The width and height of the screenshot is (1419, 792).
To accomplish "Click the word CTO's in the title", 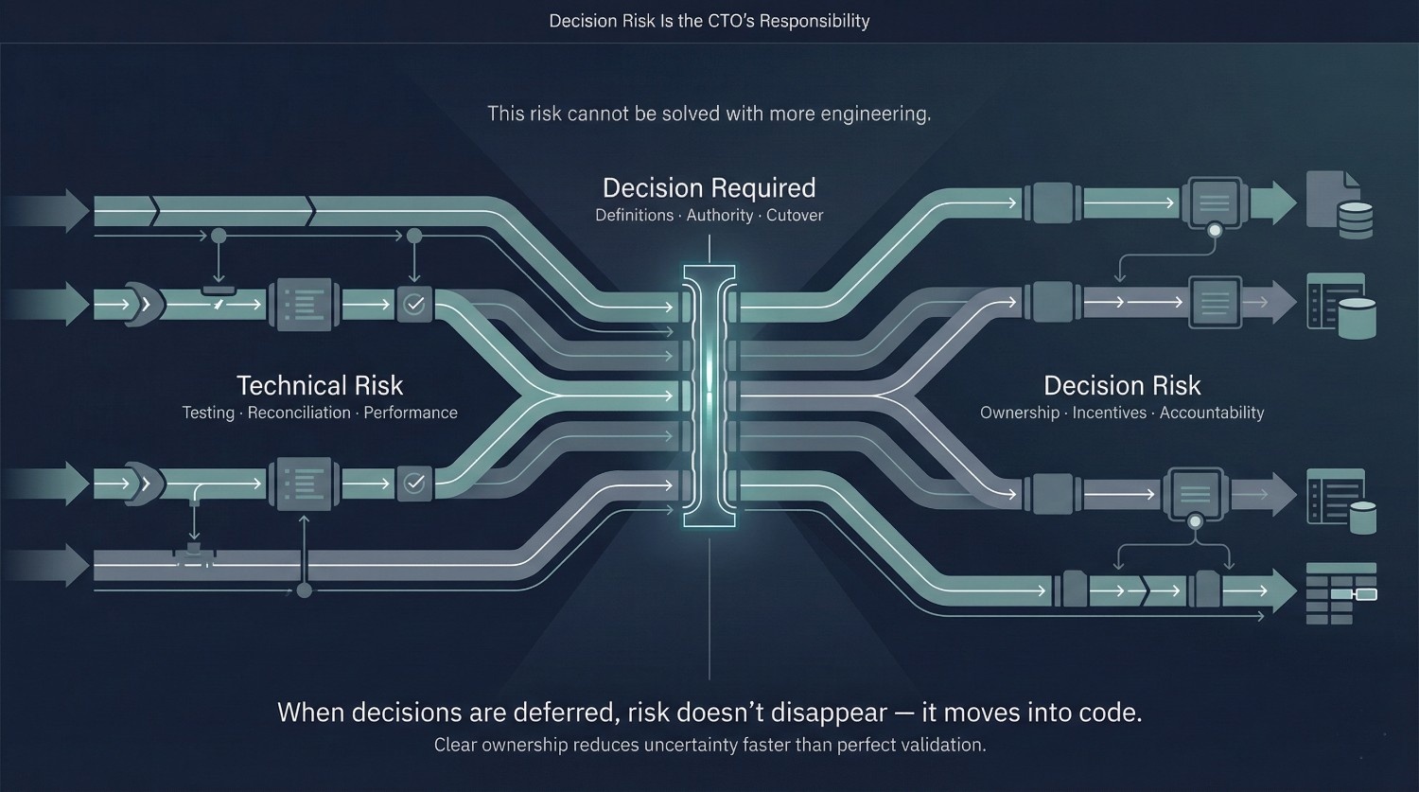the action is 730,21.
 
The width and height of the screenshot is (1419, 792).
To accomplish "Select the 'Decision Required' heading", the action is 709,188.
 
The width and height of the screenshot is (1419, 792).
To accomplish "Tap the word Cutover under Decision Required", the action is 795,216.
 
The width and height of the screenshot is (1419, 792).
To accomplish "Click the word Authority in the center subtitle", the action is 720,216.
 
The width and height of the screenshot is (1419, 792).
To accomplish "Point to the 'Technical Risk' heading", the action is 320,385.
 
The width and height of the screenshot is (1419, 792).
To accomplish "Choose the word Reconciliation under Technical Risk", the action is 299,413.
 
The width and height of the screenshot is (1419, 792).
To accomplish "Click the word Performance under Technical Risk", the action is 411,413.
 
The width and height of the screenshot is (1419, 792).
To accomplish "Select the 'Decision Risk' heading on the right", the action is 1122,385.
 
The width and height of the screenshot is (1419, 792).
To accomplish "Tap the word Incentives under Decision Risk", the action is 1110,413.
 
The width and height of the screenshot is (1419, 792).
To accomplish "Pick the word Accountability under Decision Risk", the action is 1212,413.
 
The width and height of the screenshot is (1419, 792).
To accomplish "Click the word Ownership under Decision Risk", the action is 1020,413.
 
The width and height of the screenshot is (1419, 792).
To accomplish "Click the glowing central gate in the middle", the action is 709,396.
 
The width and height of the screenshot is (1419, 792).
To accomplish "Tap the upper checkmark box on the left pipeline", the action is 414,304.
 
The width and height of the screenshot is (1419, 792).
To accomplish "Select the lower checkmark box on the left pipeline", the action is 414,484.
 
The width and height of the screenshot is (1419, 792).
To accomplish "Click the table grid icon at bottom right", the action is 1341,593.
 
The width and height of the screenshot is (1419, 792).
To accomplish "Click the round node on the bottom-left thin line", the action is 304,591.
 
